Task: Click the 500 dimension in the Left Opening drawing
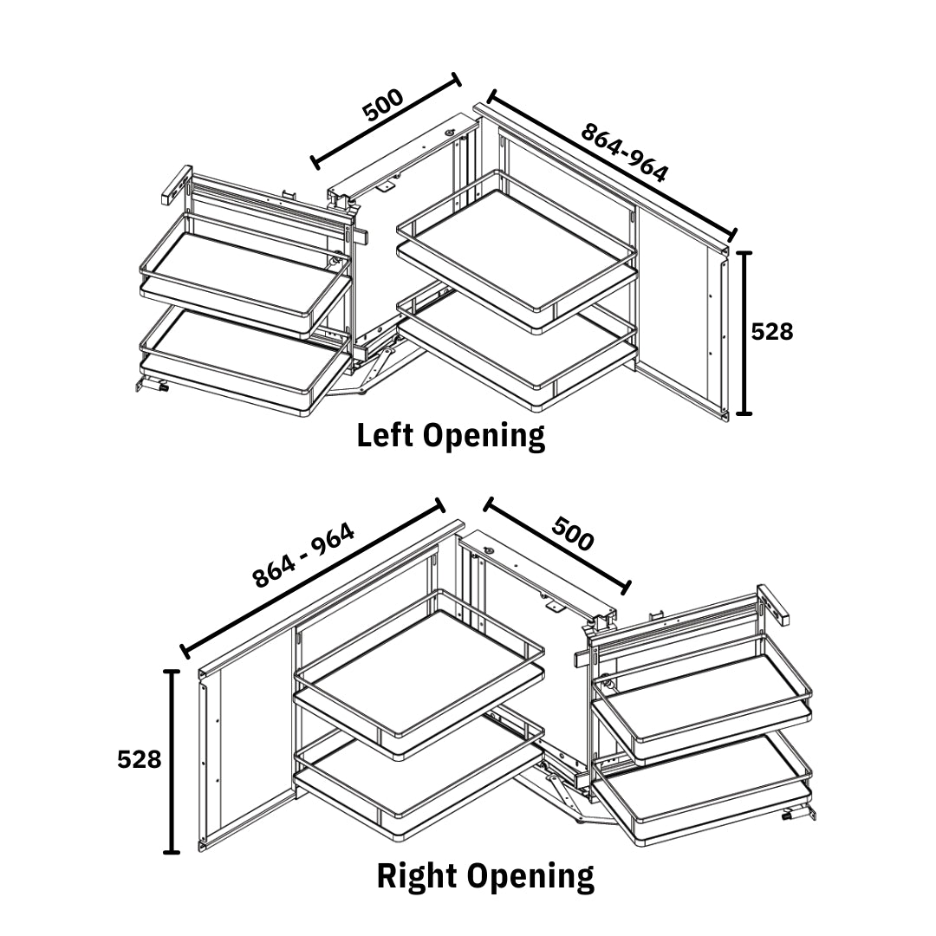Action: [383, 105]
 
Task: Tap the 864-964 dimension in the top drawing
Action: [624, 153]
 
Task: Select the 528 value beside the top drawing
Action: [772, 331]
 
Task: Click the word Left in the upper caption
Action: [387, 435]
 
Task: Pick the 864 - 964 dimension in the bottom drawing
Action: [303, 556]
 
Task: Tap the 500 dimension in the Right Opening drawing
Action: [573, 534]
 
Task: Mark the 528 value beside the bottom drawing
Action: [140, 759]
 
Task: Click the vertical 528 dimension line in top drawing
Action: [744, 333]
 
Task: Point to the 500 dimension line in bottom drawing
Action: [558, 544]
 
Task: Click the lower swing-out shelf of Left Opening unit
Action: [234, 355]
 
